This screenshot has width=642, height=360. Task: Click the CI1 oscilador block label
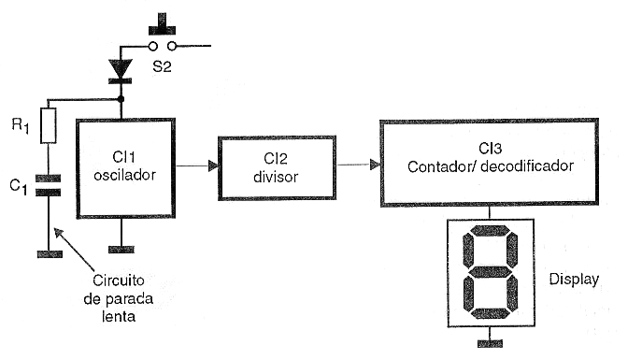125,166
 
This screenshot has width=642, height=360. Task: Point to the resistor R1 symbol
49,125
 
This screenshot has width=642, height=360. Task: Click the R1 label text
21,125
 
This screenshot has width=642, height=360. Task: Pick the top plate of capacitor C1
49,179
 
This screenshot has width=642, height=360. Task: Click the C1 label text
19,187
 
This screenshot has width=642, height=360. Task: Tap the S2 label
162,66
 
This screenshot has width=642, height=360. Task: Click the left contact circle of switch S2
152,46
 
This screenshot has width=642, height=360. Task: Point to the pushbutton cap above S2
163,24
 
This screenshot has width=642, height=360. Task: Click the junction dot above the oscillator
121,99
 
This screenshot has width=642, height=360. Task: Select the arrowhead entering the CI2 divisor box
213,166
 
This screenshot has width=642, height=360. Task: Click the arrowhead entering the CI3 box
375,165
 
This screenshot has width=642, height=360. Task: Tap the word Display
574,280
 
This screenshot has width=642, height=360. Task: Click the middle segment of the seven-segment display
490,271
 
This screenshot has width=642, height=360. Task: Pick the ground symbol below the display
490,343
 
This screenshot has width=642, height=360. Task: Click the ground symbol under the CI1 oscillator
121,250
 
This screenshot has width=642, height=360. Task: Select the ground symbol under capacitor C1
50,254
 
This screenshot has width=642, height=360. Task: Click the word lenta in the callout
119,316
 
